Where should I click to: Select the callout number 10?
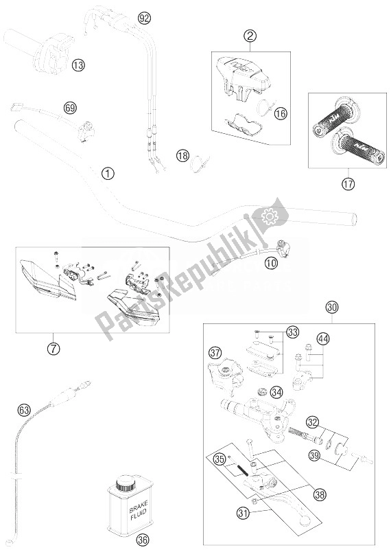271,261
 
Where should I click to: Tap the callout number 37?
215,354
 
